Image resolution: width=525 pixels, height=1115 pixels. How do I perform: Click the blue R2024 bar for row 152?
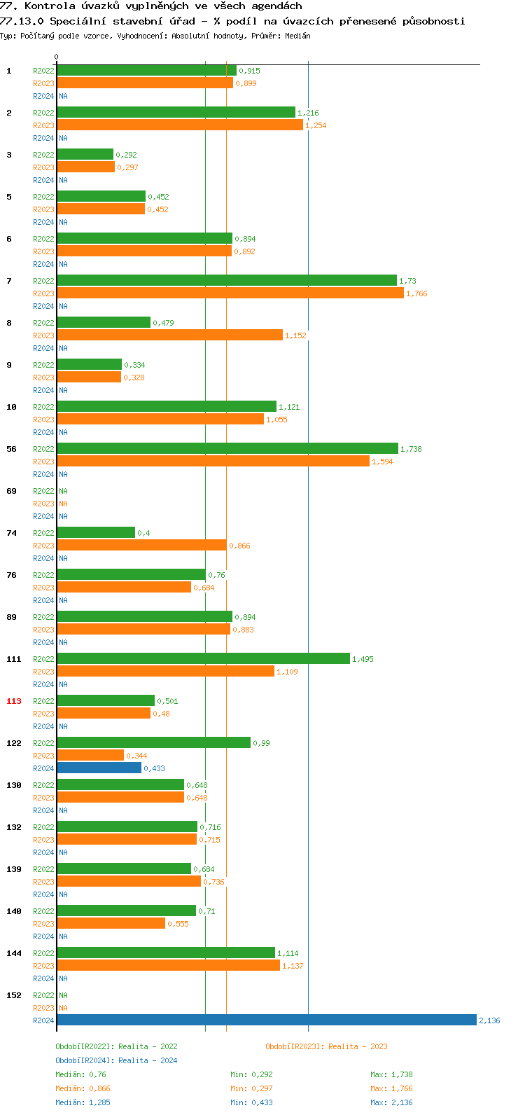click(x=266, y=1020)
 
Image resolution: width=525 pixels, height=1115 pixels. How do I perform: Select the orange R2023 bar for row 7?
click(x=230, y=293)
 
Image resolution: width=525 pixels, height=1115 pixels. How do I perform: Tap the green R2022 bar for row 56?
click(x=227, y=448)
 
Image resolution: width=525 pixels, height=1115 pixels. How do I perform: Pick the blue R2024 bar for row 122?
click(x=99, y=768)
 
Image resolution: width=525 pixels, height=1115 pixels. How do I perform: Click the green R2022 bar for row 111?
click(x=203, y=658)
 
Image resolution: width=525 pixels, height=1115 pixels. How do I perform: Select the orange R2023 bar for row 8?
click(x=169, y=335)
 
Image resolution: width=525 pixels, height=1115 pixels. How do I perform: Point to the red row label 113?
click(x=14, y=701)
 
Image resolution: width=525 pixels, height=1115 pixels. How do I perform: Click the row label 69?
click(x=11, y=491)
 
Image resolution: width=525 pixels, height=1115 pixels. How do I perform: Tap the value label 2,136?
click(x=489, y=1020)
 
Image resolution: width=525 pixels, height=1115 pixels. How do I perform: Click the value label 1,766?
click(x=416, y=293)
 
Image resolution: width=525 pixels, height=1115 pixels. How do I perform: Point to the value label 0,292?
click(x=127, y=155)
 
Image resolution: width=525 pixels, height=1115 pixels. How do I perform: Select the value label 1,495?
click(x=363, y=659)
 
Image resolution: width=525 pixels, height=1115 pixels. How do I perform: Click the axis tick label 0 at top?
click(x=57, y=57)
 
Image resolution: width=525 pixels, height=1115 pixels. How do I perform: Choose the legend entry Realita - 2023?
click(x=326, y=1046)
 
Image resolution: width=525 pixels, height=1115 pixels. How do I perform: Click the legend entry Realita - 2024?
click(x=116, y=1060)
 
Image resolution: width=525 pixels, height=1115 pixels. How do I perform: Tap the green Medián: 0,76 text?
click(x=80, y=1074)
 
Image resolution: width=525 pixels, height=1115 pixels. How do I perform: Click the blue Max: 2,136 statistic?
click(x=391, y=1102)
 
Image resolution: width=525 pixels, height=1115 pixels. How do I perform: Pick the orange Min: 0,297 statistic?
click(x=251, y=1088)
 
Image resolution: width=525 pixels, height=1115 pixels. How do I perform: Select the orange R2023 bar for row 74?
click(x=141, y=545)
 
